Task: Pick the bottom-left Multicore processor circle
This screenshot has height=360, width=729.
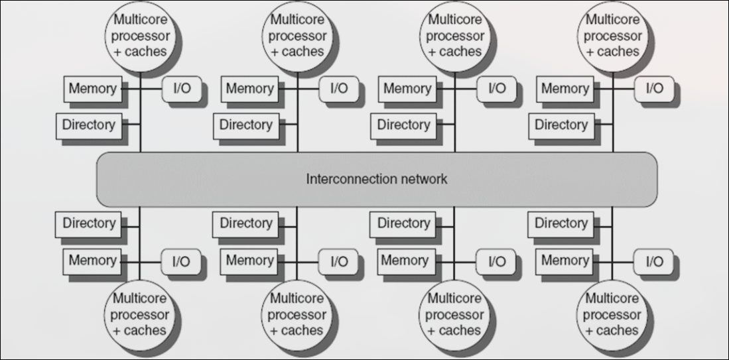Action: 139,314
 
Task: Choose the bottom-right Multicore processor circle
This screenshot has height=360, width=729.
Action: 613,314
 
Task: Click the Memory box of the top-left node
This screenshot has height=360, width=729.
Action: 92,88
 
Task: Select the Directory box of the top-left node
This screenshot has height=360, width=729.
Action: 88,124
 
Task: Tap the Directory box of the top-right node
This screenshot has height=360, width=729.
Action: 561,124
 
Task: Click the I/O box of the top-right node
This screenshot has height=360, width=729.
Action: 654,88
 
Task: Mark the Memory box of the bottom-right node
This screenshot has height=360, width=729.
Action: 565,261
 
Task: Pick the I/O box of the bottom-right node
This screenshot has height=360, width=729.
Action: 653,261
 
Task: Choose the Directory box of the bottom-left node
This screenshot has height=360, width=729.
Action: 88,223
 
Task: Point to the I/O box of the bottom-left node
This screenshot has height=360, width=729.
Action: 180,261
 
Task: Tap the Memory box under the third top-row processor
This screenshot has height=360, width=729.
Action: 407,88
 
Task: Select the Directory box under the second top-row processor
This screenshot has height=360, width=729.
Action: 246,124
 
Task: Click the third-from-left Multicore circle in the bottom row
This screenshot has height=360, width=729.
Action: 455,314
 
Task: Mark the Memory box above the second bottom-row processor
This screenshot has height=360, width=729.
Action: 250,261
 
